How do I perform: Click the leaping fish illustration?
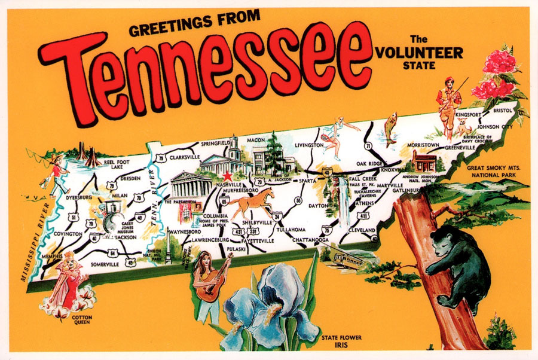click(x=390, y=129)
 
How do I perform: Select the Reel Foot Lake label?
click(x=117, y=164)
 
